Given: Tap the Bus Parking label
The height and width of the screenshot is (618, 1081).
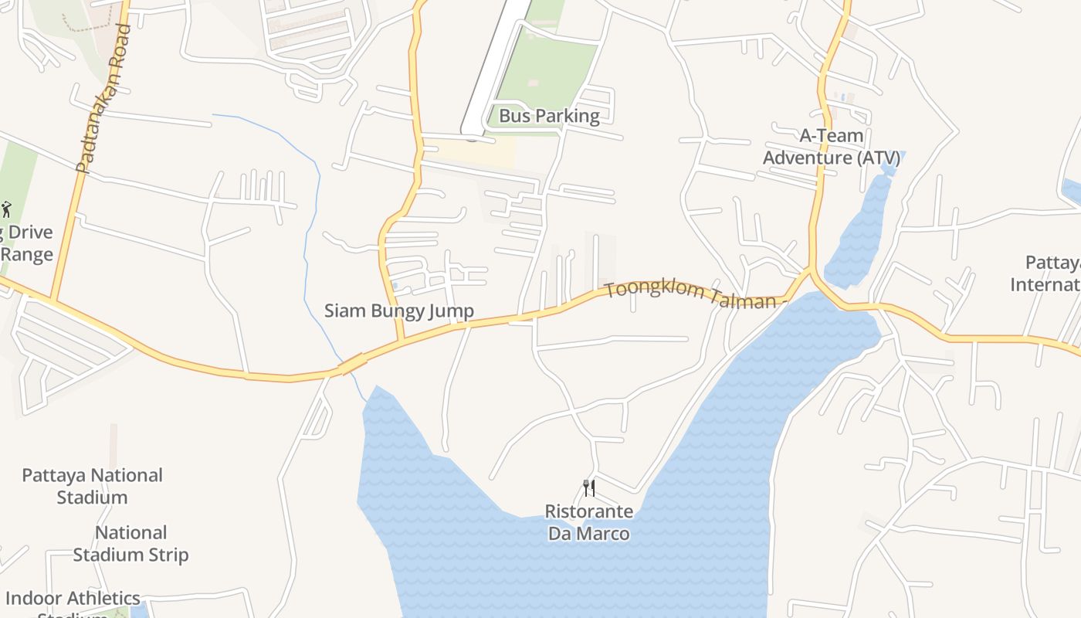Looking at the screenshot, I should tap(549, 116).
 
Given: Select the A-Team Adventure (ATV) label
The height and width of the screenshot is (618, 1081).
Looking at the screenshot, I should tap(832, 147).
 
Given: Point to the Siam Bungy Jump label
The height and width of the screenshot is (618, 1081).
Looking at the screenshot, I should tap(398, 311).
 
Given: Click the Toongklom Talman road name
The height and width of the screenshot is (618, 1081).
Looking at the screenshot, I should tap(690, 294).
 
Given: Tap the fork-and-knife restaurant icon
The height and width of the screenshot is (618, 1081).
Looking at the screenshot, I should tap(589, 488).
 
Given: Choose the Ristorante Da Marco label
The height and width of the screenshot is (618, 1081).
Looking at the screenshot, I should tap(589, 522).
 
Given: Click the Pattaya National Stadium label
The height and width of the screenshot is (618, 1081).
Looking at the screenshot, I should tap(92, 486).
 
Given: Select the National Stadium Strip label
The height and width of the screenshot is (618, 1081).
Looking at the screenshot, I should tap(130, 544).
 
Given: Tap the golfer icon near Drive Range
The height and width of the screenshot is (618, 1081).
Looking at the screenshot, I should tap(7, 209).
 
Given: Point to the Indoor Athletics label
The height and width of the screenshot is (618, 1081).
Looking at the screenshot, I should tap(73, 599).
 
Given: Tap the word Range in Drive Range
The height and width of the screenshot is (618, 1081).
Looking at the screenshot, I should tap(27, 255).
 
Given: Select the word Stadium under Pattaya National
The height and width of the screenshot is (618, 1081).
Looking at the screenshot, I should tap(92, 497).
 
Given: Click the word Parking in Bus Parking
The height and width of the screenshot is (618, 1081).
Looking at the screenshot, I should tap(570, 116).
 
